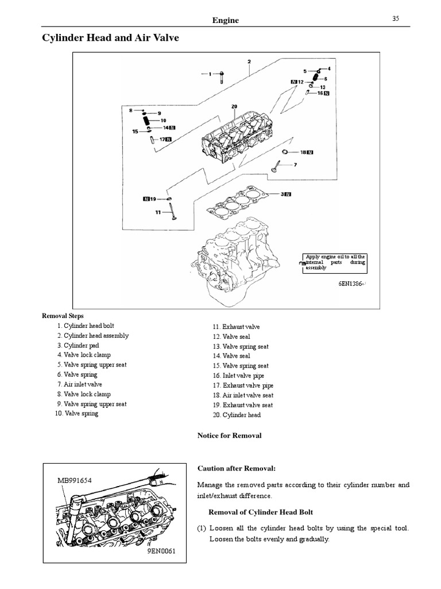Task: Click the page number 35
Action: click(x=396, y=18)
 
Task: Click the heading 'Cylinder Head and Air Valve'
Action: click(x=111, y=39)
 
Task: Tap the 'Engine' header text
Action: click(x=225, y=20)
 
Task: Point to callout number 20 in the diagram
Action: click(x=234, y=106)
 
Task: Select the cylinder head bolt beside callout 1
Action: click(x=221, y=74)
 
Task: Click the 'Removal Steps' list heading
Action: click(x=63, y=316)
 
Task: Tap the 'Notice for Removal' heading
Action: click(x=229, y=435)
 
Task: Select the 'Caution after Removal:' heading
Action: click(x=233, y=468)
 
